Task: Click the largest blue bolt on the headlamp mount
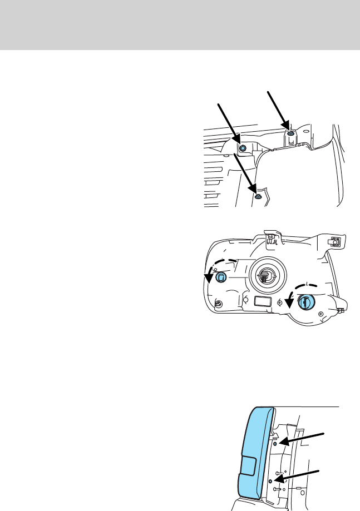point(243,148)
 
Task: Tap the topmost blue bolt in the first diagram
point(290,134)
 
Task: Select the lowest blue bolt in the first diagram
point(257,196)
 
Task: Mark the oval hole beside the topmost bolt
point(291,142)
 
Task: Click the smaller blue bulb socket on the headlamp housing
point(221,277)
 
